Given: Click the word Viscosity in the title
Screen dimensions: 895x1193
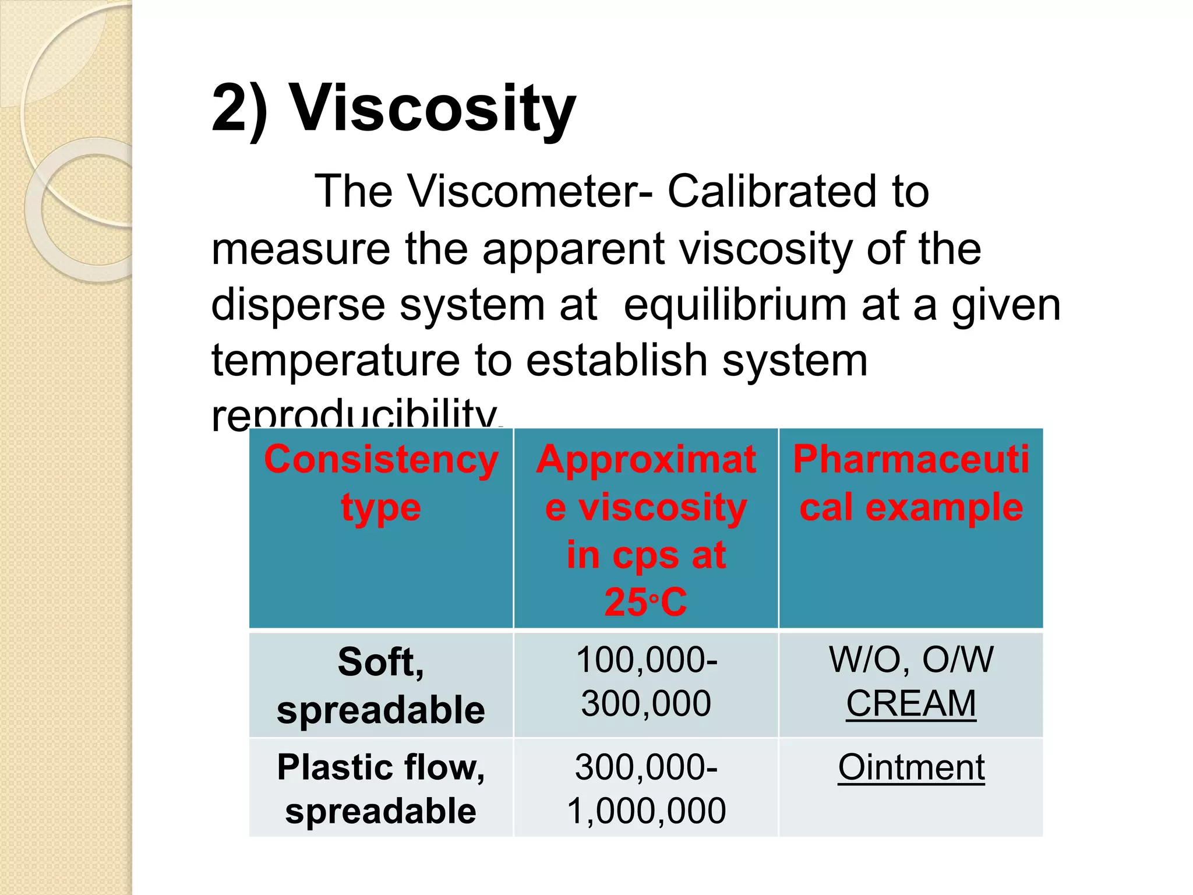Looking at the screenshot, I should point(433,109).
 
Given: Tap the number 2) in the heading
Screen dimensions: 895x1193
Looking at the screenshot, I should point(240,109).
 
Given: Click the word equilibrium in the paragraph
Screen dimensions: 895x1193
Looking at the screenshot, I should point(735,305).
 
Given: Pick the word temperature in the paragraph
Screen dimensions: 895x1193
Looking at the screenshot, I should point(336,360).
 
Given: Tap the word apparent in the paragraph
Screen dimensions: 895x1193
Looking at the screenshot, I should point(573,249).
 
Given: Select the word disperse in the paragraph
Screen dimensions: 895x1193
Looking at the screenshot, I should point(298,305).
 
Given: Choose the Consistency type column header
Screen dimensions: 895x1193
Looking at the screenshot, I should point(381,483).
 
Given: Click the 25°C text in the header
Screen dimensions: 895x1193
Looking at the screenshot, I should point(645,602).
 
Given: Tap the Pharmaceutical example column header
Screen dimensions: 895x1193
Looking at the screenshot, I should point(910,483).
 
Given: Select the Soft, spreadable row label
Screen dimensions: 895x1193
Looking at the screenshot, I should point(381,686).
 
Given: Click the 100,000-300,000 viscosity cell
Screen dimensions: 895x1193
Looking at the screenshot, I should point(646,682).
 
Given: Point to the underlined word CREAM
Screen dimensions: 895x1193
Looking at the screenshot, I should point(910,703).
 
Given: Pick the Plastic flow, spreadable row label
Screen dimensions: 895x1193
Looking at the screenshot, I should point(381,788).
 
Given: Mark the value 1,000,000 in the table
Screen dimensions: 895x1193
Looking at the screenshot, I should point(646,811).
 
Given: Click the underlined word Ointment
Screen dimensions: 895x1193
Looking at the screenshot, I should point(911,767).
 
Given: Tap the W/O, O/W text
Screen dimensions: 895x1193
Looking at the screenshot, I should point(911,660).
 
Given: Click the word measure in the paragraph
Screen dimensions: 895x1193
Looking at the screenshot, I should point(301,249).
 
